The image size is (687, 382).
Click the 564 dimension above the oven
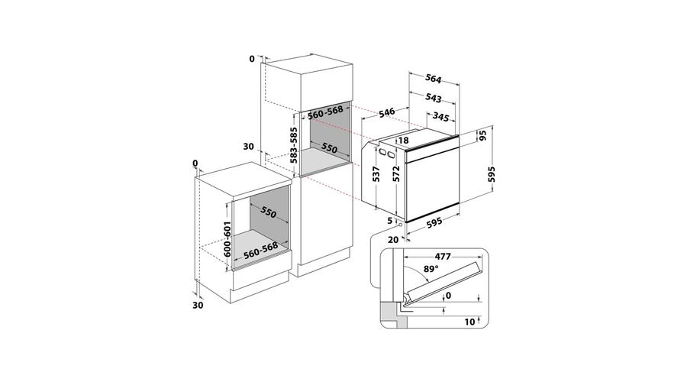point(434,79)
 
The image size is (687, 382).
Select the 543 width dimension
point(434,98)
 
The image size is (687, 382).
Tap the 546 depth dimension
point(387,112)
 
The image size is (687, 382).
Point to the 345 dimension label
point(440,117)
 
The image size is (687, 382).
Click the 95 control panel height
point(483,135)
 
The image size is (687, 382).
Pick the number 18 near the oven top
point(404,141)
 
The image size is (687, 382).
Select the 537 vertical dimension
point(376,174)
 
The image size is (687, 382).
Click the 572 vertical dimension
point(396,174)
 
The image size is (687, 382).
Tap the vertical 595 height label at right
point(492,174)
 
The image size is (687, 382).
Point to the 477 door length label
point(443,257)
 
